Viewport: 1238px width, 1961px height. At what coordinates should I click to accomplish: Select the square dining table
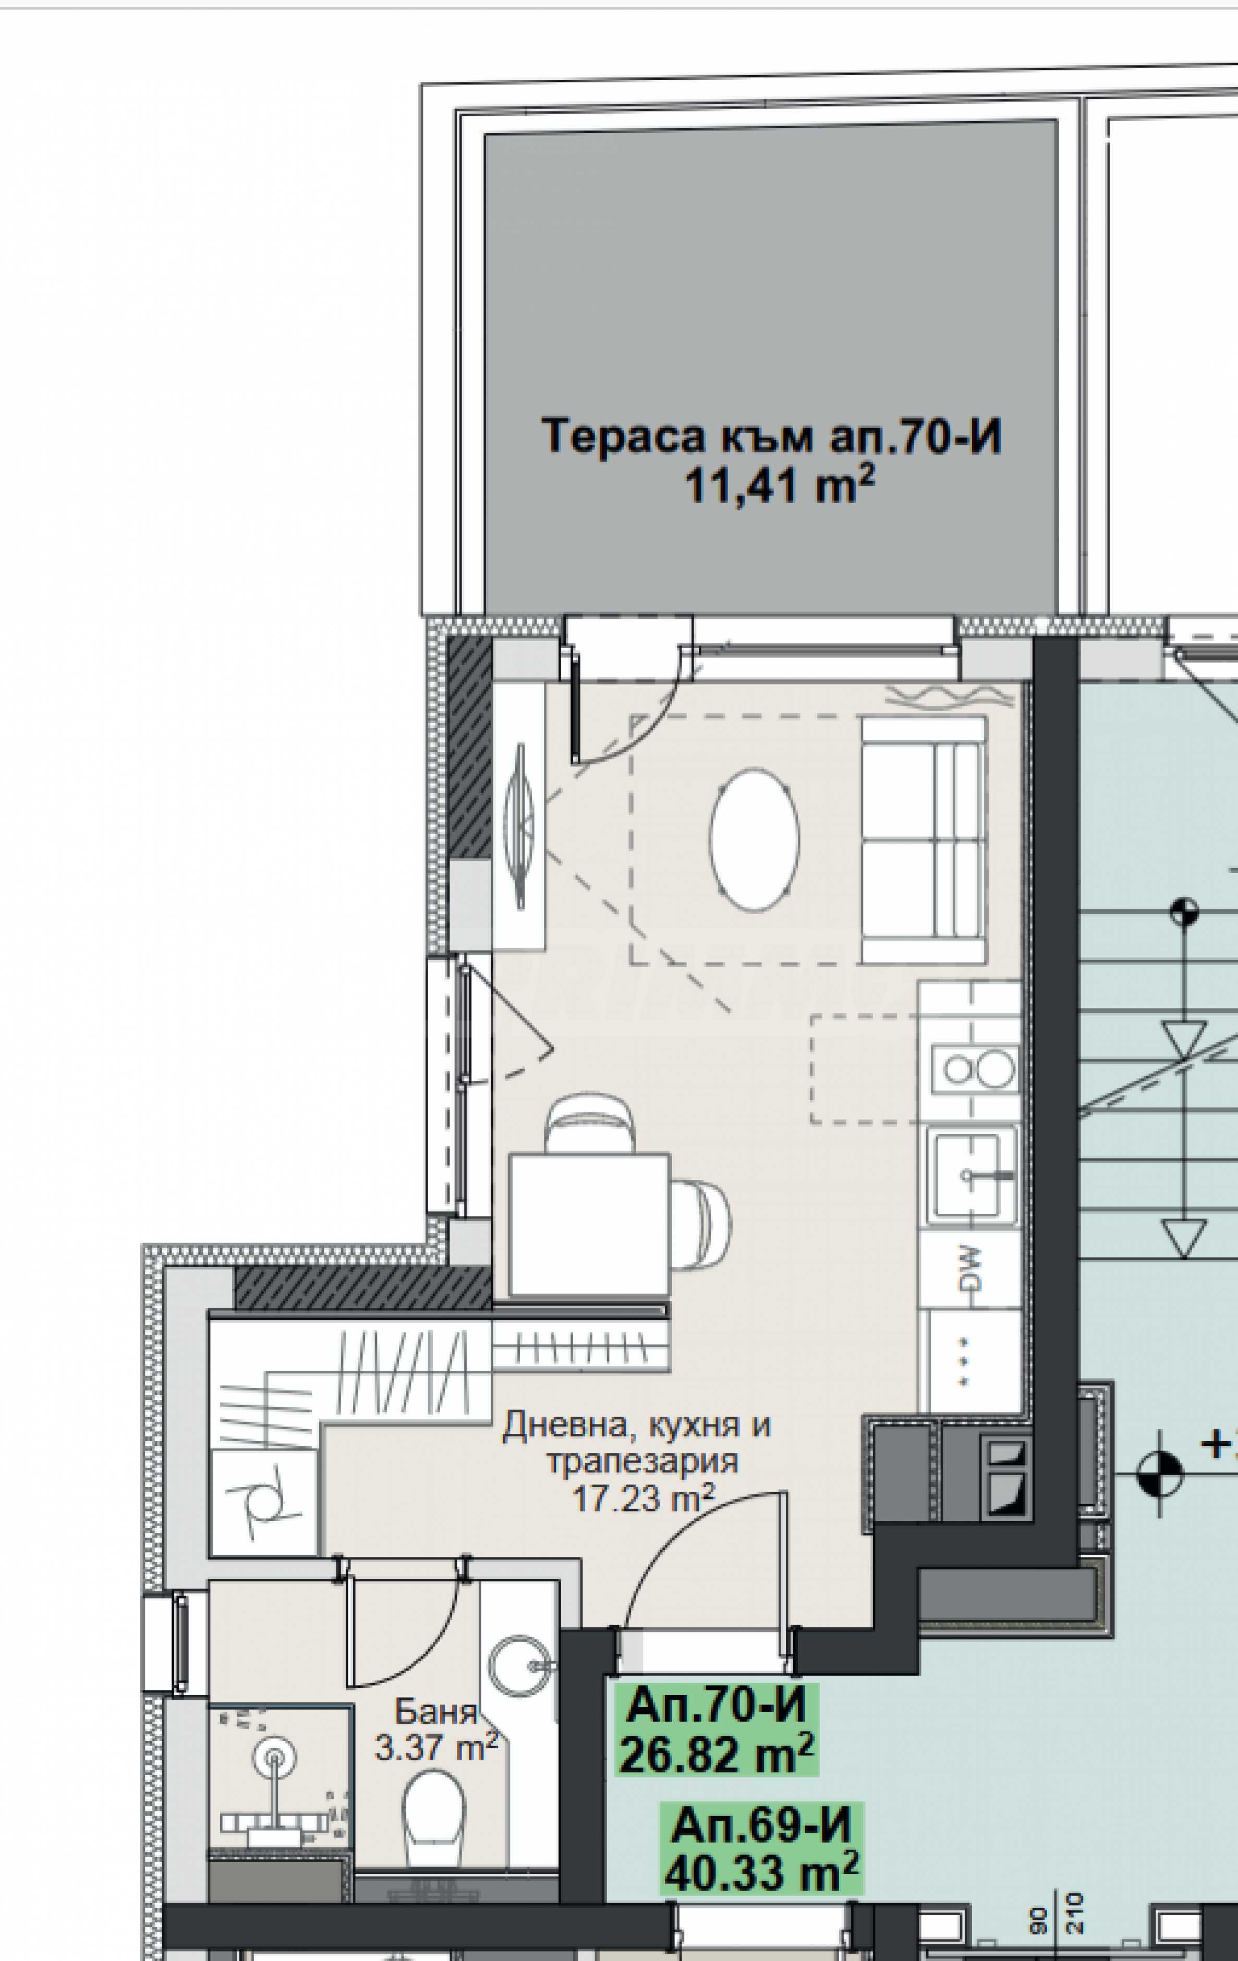pos(589,1224)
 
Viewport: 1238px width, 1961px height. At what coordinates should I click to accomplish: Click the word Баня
pos(436,1711)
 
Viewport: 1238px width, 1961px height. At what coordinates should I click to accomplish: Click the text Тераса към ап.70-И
pos(771,436)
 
